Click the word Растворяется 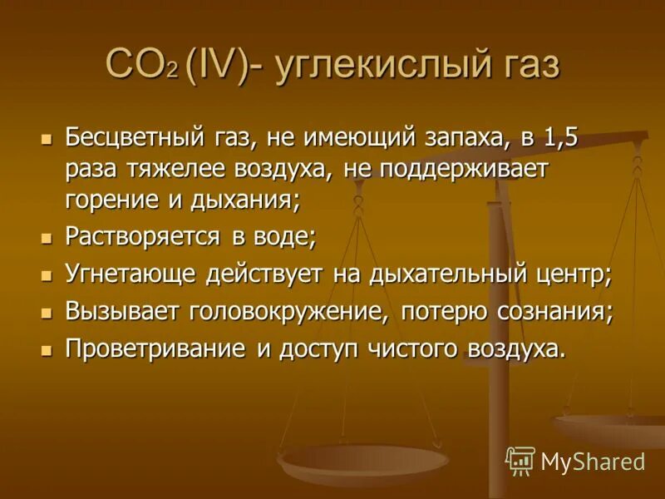click(x=142, y=237)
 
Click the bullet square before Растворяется click(x=47, y=238)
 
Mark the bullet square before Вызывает click(x=47, y=313)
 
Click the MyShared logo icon click(x=520, y=461)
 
